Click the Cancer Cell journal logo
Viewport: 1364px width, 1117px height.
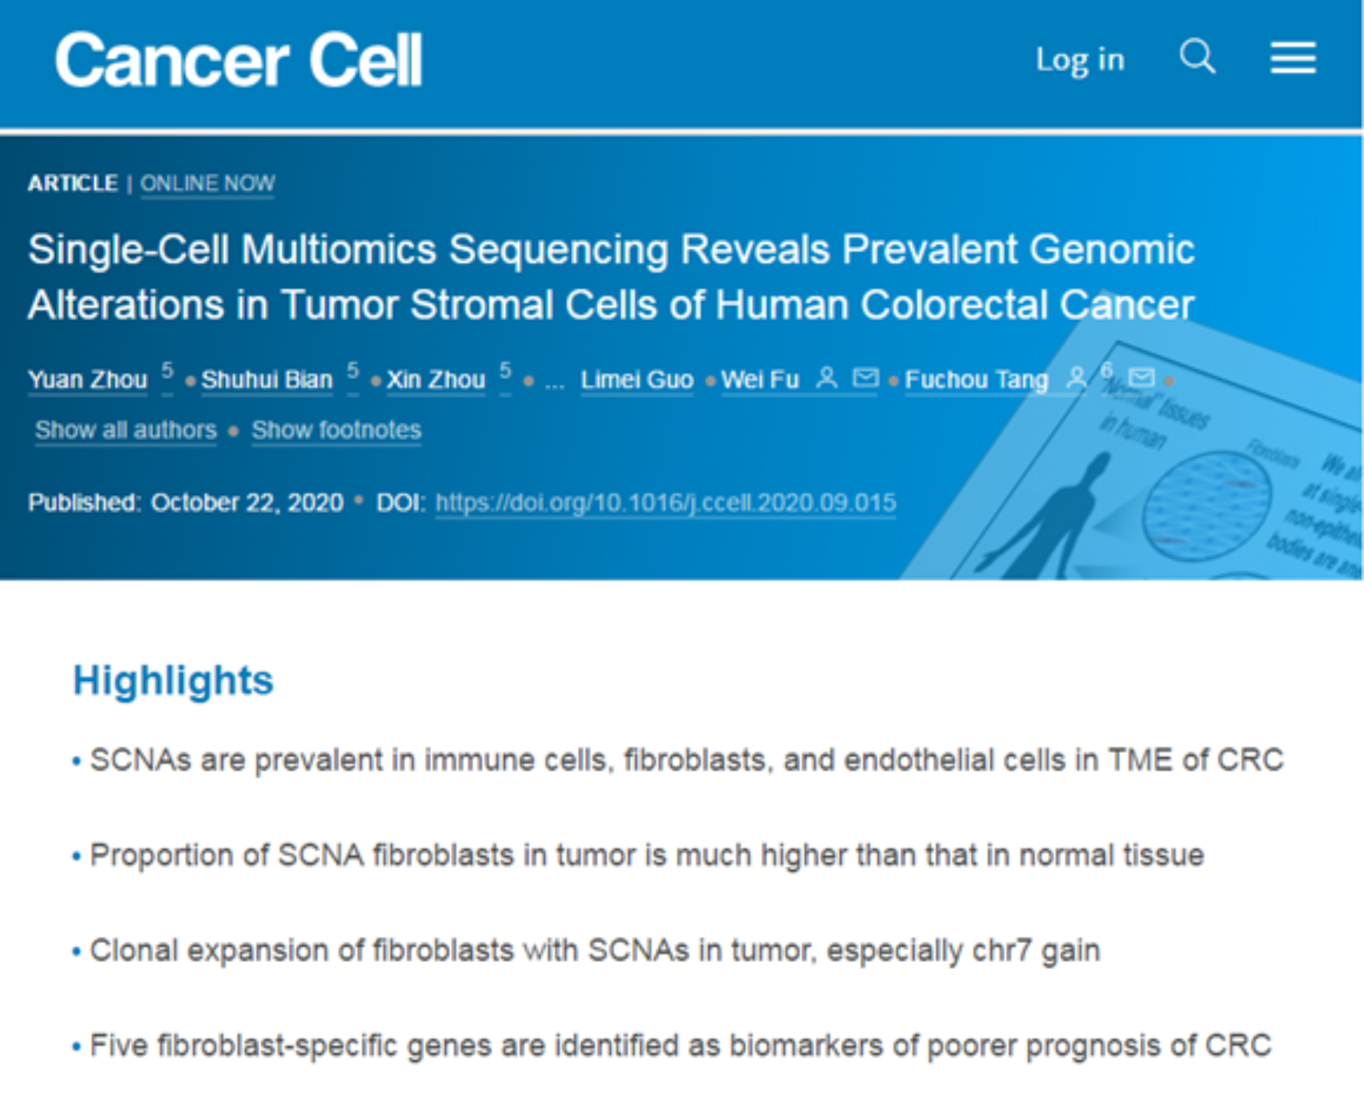click(x=238, y=60)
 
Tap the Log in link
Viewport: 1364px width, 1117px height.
click(x=1080, y=60)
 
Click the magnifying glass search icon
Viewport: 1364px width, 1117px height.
click(x=1198, y=56)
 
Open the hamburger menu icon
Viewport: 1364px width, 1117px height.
click(x=1293, y=58)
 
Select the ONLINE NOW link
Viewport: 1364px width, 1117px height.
click(x=208, y=184)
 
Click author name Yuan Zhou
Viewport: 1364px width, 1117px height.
click(x=87, y=380)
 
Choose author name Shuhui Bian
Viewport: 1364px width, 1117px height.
click(x=267, y=380)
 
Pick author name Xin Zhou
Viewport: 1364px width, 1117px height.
click(x=436, y=380)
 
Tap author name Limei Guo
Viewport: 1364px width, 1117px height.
click(x=636, y=380)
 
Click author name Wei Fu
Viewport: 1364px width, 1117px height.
click(x=760, y=380)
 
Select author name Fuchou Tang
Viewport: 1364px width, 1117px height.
click(x=977, y=380)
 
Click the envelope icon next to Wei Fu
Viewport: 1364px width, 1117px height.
click(x=865, y=378)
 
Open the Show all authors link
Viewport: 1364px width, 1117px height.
click(x=126, y=429)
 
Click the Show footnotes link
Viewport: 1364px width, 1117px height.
click(x=336, y=429)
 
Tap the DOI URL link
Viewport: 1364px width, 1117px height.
click(x=666, y=502)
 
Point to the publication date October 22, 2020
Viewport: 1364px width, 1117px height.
click(x=247, y=502)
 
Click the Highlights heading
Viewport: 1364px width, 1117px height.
click(x=173, y=681)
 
